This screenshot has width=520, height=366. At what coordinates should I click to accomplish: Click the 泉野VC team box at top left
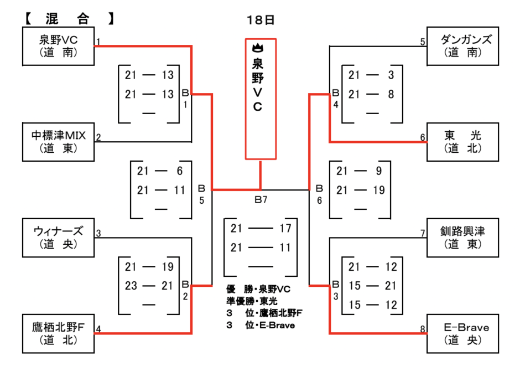click(58, 47)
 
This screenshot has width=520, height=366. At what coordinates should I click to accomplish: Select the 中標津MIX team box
click(58, 141)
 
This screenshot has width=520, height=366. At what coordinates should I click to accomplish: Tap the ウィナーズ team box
click(58, 237)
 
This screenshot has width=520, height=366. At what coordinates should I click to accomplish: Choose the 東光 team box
click(462, 142)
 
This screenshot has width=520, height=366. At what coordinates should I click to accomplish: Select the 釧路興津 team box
click(462, 238)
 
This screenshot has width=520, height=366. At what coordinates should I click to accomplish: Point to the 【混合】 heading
click(69, 18)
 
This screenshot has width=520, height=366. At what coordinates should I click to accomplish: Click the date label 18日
click(261, 20)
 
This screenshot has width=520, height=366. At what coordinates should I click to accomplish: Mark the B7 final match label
click(261, 199)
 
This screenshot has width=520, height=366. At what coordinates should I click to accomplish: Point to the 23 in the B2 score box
click(131, 286)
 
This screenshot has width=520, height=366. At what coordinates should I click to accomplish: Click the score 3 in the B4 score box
click(391, 75)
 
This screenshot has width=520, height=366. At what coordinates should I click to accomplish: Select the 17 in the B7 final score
click(285, 228)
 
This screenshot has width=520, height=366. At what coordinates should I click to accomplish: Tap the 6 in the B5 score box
click(180, 171)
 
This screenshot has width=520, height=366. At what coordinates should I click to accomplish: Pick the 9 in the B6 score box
click(378, 171)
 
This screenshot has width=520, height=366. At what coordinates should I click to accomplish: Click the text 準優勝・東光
click(251, 301)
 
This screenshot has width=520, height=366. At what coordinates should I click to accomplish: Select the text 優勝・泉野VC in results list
click(258, 289)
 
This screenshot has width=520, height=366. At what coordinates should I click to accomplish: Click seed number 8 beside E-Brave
click(423, 329)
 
